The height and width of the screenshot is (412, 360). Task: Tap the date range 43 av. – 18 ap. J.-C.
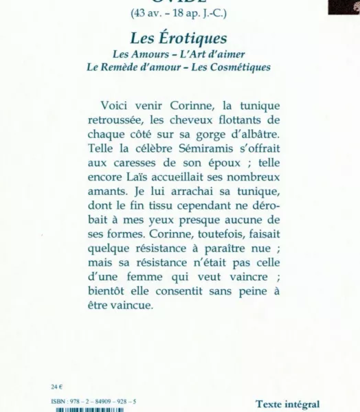(179, 14)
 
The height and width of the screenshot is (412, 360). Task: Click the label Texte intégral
(287, 405)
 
